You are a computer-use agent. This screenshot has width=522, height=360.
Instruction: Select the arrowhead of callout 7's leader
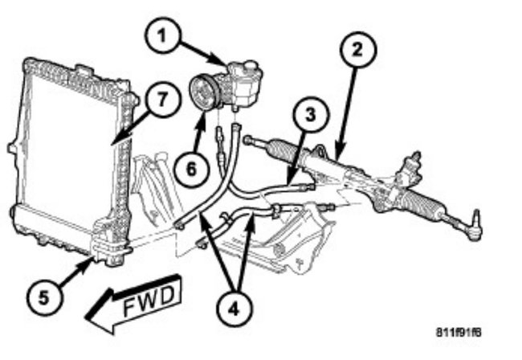[112, 145]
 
